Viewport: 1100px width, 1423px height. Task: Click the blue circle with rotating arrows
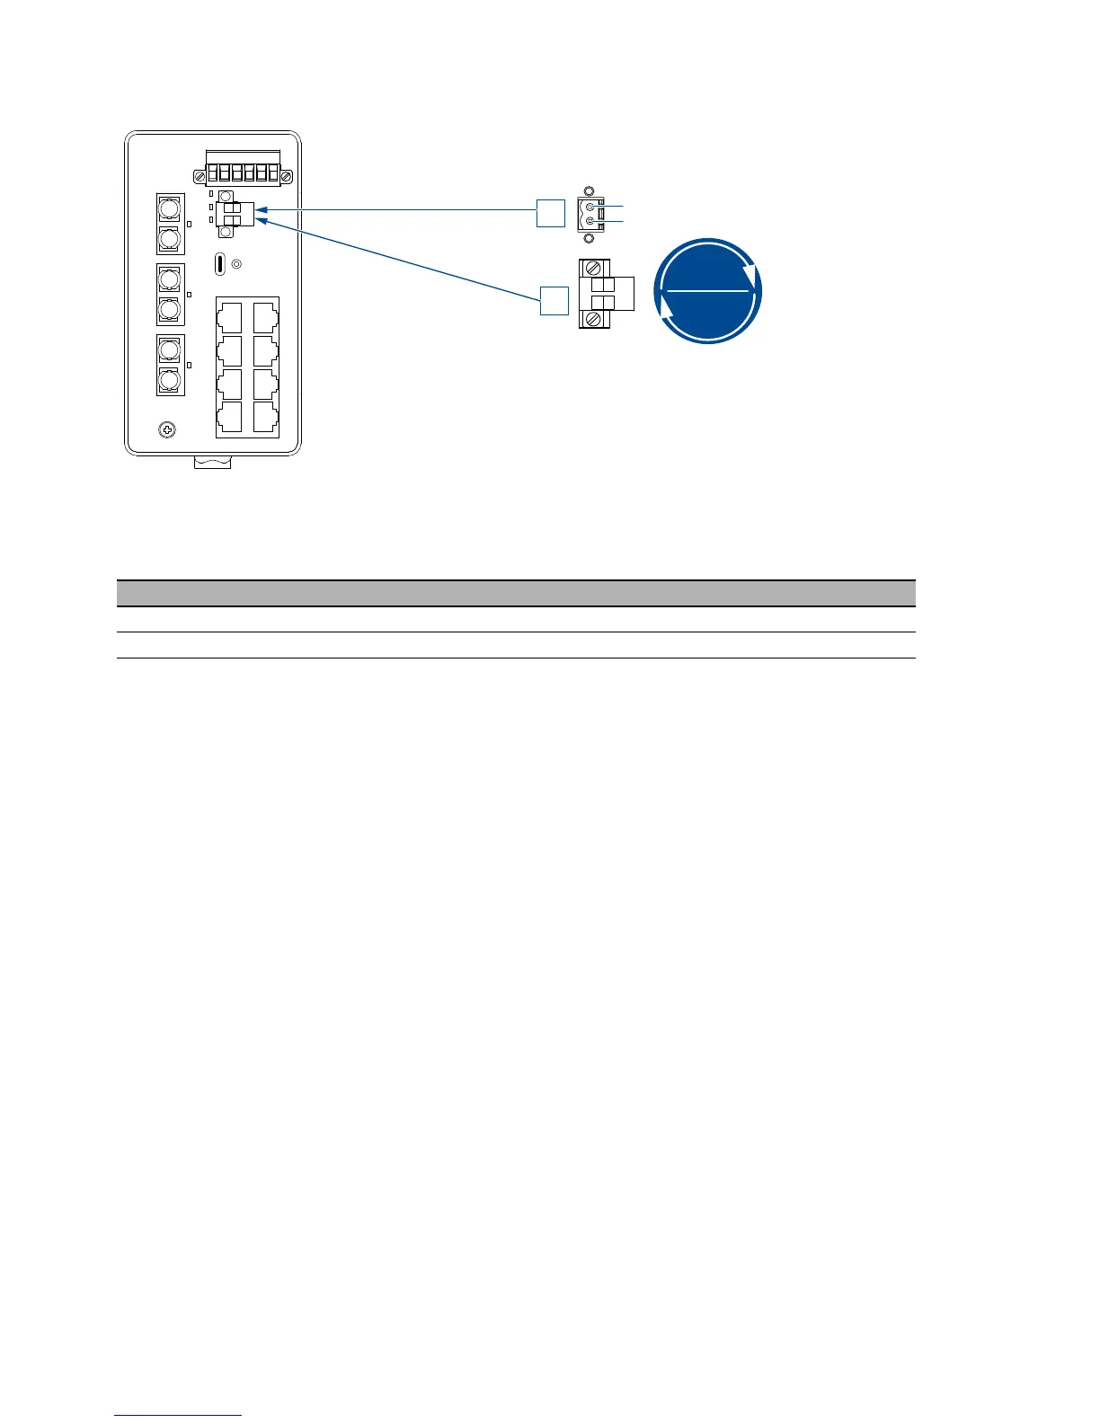pos(708,291)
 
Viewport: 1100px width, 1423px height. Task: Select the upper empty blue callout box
pos(551,213)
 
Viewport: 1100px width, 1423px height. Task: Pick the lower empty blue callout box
pos(554,300)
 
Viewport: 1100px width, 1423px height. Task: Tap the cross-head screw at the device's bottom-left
pos(166,430)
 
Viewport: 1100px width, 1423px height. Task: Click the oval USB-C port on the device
pos(220,264)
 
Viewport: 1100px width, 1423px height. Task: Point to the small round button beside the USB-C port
pos(236,264)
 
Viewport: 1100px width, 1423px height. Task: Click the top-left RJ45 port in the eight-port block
pos(230,316)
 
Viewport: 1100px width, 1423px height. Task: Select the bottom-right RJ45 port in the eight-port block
pos(265,418)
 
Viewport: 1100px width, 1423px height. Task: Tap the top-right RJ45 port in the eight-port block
pos(265,316)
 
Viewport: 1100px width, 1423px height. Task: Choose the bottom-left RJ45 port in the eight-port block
pos(230,418)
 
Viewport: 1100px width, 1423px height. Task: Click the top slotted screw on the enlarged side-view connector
pos(592,268)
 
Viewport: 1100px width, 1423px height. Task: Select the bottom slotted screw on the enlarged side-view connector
pos(592,319)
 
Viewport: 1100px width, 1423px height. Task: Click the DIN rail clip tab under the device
pos(213,463)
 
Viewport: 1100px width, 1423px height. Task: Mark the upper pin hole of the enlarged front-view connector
pos(590,208)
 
